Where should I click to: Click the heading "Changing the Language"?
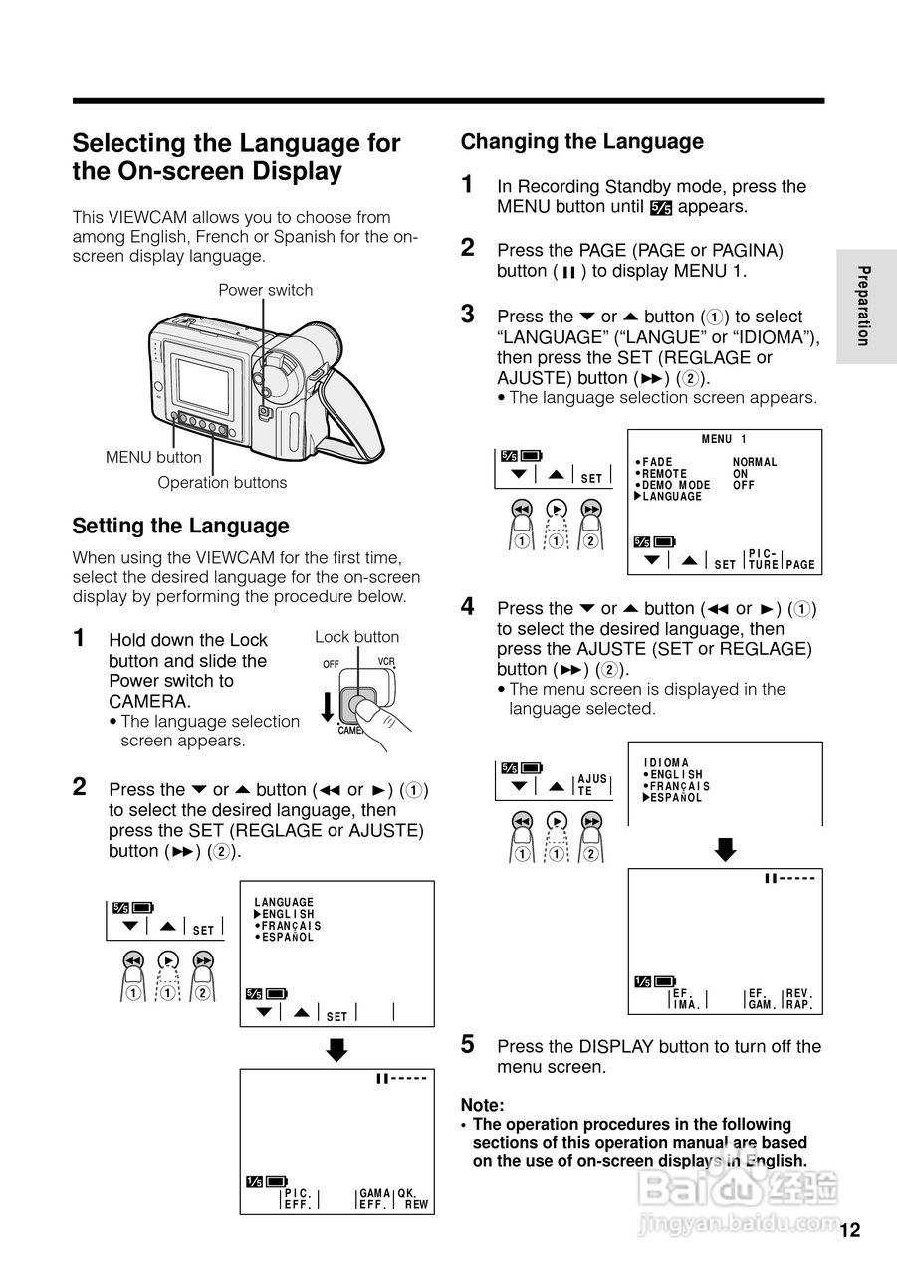coord(581,142)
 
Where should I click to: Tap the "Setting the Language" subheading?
coord(180,526)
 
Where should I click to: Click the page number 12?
coord(849,1230)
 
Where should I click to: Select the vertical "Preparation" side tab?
coord(864,306)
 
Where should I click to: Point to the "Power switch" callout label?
coord(265,290)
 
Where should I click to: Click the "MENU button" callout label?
coord(153,457)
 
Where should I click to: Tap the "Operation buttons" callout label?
coord(222,483)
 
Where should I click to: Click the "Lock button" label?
coord(356,637)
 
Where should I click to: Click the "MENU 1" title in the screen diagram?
coord(724,439)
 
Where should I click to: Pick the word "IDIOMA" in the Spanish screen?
coord(666,763)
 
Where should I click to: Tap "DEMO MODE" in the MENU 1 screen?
coord(676,485)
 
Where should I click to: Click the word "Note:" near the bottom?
coord(482,1105)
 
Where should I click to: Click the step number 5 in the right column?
coord(467,1044)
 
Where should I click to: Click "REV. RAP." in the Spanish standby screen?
coord(799,999)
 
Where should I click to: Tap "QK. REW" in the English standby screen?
coord(412,1199)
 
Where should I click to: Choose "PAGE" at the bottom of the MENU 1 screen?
coord(800,565)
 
